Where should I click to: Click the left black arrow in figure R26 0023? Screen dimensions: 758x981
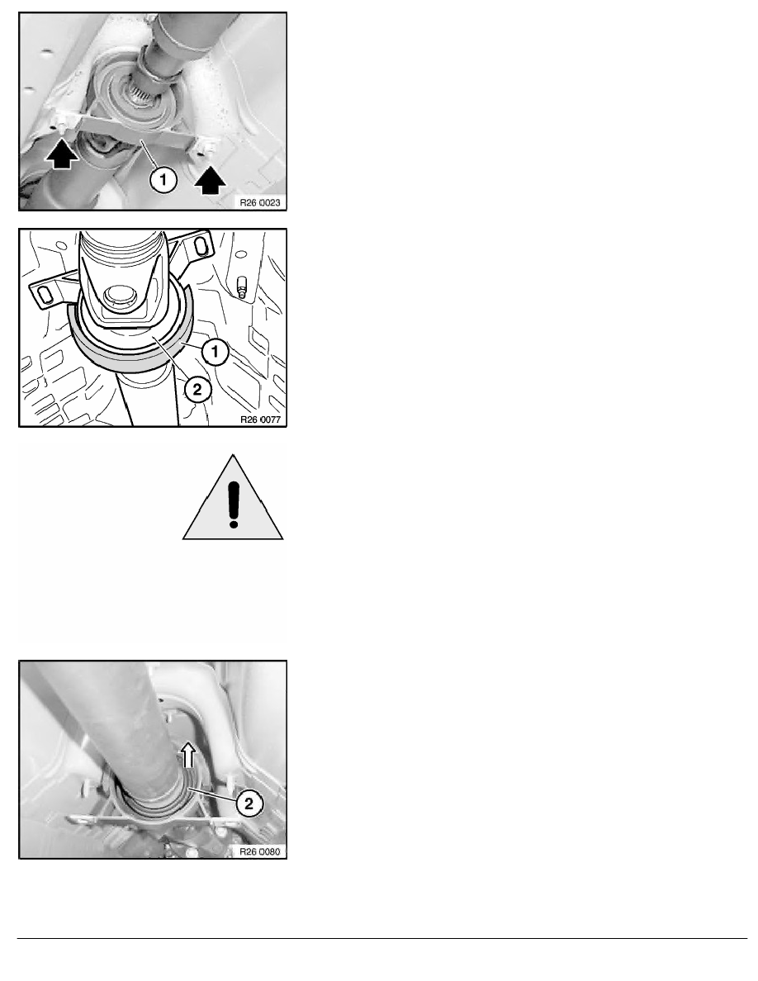pyautogui.click(x=63, y=154)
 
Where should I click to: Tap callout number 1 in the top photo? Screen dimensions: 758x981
pyautogui.click(x=163, y=180)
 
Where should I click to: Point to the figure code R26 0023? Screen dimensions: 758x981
pyautogui.click(x=260, y=202)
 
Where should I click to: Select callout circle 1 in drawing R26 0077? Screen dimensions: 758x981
pyautogui.click(x=216, y=352)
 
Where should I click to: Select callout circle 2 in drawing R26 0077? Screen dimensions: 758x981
pyautogui.click(x=197, y=390)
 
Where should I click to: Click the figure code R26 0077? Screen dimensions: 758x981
pyautogui.click(x=260, y=419)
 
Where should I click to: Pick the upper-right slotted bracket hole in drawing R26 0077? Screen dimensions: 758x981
pyautogui.click(x=200, y=246)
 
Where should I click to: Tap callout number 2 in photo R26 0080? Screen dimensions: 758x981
pyautogui.click(x=249, y=803)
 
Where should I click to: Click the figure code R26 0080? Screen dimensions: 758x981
pyautogui.click(x=260, y=851)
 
